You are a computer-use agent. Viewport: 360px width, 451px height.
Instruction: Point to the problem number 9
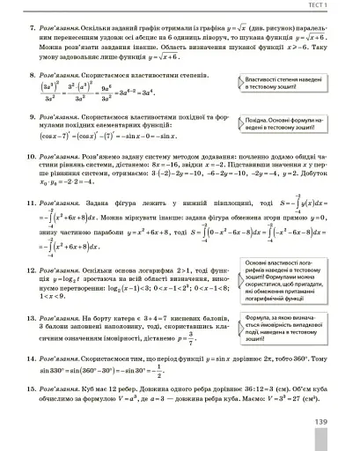(x=32, y=129)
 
